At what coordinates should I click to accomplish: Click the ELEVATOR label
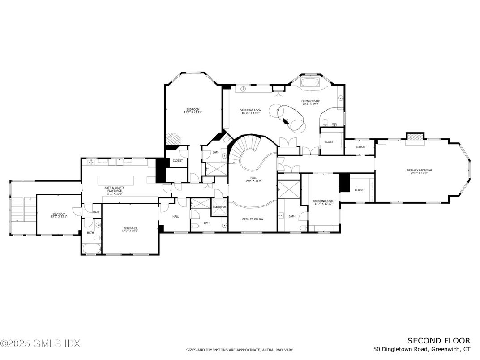point(219,207)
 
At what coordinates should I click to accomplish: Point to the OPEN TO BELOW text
point(253,219)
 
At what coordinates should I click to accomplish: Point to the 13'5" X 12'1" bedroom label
point(59,215)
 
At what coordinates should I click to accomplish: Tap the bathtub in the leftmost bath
point(91,249)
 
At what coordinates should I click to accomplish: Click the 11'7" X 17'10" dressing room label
point(323,203)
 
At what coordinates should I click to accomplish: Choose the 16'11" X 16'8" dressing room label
point(250,112)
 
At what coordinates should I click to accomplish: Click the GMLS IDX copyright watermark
point(40,344)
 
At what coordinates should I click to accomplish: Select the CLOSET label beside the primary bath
point(330,142)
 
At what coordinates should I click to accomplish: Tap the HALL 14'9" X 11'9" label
point(253,179)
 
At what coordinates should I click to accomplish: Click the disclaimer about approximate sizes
point(240,350)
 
